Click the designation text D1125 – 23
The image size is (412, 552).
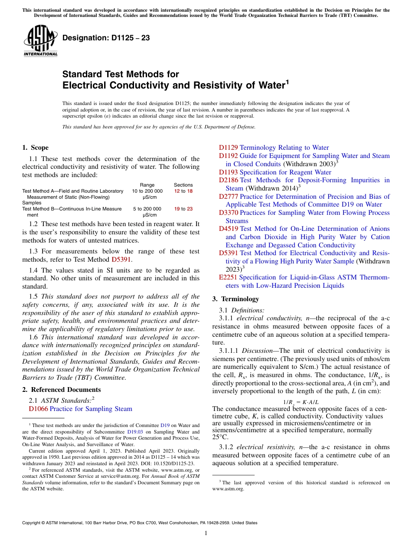tap(106, 38)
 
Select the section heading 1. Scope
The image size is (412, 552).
tap(36, 148)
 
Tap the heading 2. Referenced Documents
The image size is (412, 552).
tap(62, 389)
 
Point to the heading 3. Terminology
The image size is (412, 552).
tap(235, 299)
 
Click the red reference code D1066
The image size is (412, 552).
tap(38, 409)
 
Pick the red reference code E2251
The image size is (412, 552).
tap(228, 277)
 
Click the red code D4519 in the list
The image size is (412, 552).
tap(229, 229)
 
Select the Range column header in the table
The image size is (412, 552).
tap(147, 185)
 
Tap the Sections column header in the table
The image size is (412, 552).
tap(183, 185)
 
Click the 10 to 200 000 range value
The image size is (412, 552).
tap(147, 191)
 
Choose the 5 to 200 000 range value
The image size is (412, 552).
tap(147, 209)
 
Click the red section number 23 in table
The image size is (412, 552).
tap(190, 209)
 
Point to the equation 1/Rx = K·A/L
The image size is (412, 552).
tap(301, 402)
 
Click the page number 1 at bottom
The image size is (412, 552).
tap(206, 533)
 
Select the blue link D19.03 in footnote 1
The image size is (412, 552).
tap(134, 432)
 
